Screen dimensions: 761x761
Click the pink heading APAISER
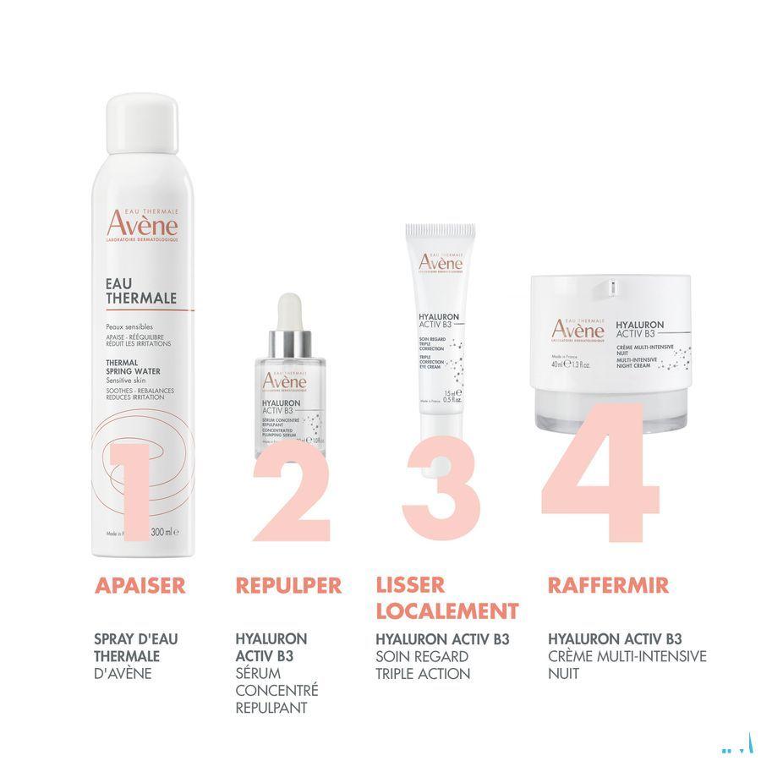pos(140,585)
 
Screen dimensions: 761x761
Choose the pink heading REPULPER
pos(288,585)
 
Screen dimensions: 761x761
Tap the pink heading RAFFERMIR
pos(608,585)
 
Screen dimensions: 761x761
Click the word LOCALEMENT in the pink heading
pos(446,610)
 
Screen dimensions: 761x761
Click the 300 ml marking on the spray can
pos(162,533)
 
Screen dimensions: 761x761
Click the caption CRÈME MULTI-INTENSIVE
pos(627,656)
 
